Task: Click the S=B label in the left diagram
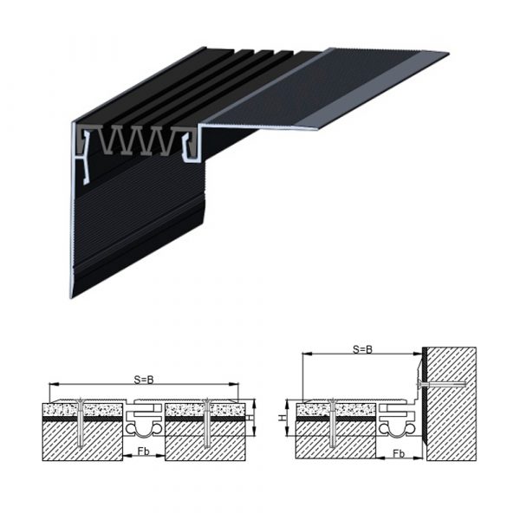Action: tap(144, 380)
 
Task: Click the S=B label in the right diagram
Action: tap(362, 349)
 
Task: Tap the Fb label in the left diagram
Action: tap(144, 451)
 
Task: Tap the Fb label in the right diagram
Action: tap(399, 453)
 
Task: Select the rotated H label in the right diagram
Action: tap(282, 418)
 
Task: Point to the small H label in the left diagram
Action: tap(248, 418)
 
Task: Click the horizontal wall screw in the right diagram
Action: tap(441, 385)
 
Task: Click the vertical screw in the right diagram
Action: tap(332, 423)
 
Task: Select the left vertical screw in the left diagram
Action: tap(81, 423)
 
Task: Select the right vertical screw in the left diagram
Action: tap(207, 423)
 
